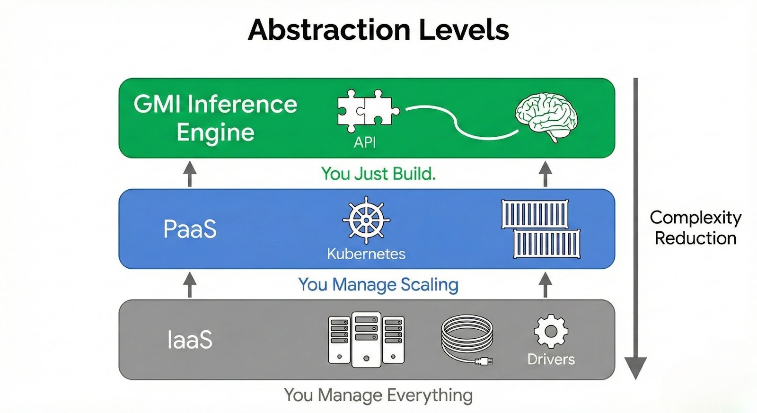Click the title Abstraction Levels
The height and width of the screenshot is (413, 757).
(x=378, y=30)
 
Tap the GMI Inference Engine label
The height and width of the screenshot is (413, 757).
(x=215, y=118)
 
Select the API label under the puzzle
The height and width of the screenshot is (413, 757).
(x=365, y=142)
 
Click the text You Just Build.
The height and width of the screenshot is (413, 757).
(x=378, y=174)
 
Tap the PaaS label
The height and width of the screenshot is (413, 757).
(x=190, y=229)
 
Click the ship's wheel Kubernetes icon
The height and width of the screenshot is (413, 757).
(x=366, y=220)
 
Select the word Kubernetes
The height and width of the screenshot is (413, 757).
(x=366, y=254)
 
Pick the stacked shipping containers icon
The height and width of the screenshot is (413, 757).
(x=540, y=229)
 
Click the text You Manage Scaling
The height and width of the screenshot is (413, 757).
(x=378, y=285)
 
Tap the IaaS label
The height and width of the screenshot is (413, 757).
(x=190, y=340)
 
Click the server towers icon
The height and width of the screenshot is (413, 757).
(x=366, y=339)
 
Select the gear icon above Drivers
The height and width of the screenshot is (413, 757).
(x=551, y=331)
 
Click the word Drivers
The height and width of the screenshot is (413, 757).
(x=551, y=360)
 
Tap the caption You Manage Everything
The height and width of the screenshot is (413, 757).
(x=378, y=395)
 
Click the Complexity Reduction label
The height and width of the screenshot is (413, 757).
(x=695, y=228)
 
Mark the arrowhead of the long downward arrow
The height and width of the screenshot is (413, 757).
(x=635, y=368)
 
